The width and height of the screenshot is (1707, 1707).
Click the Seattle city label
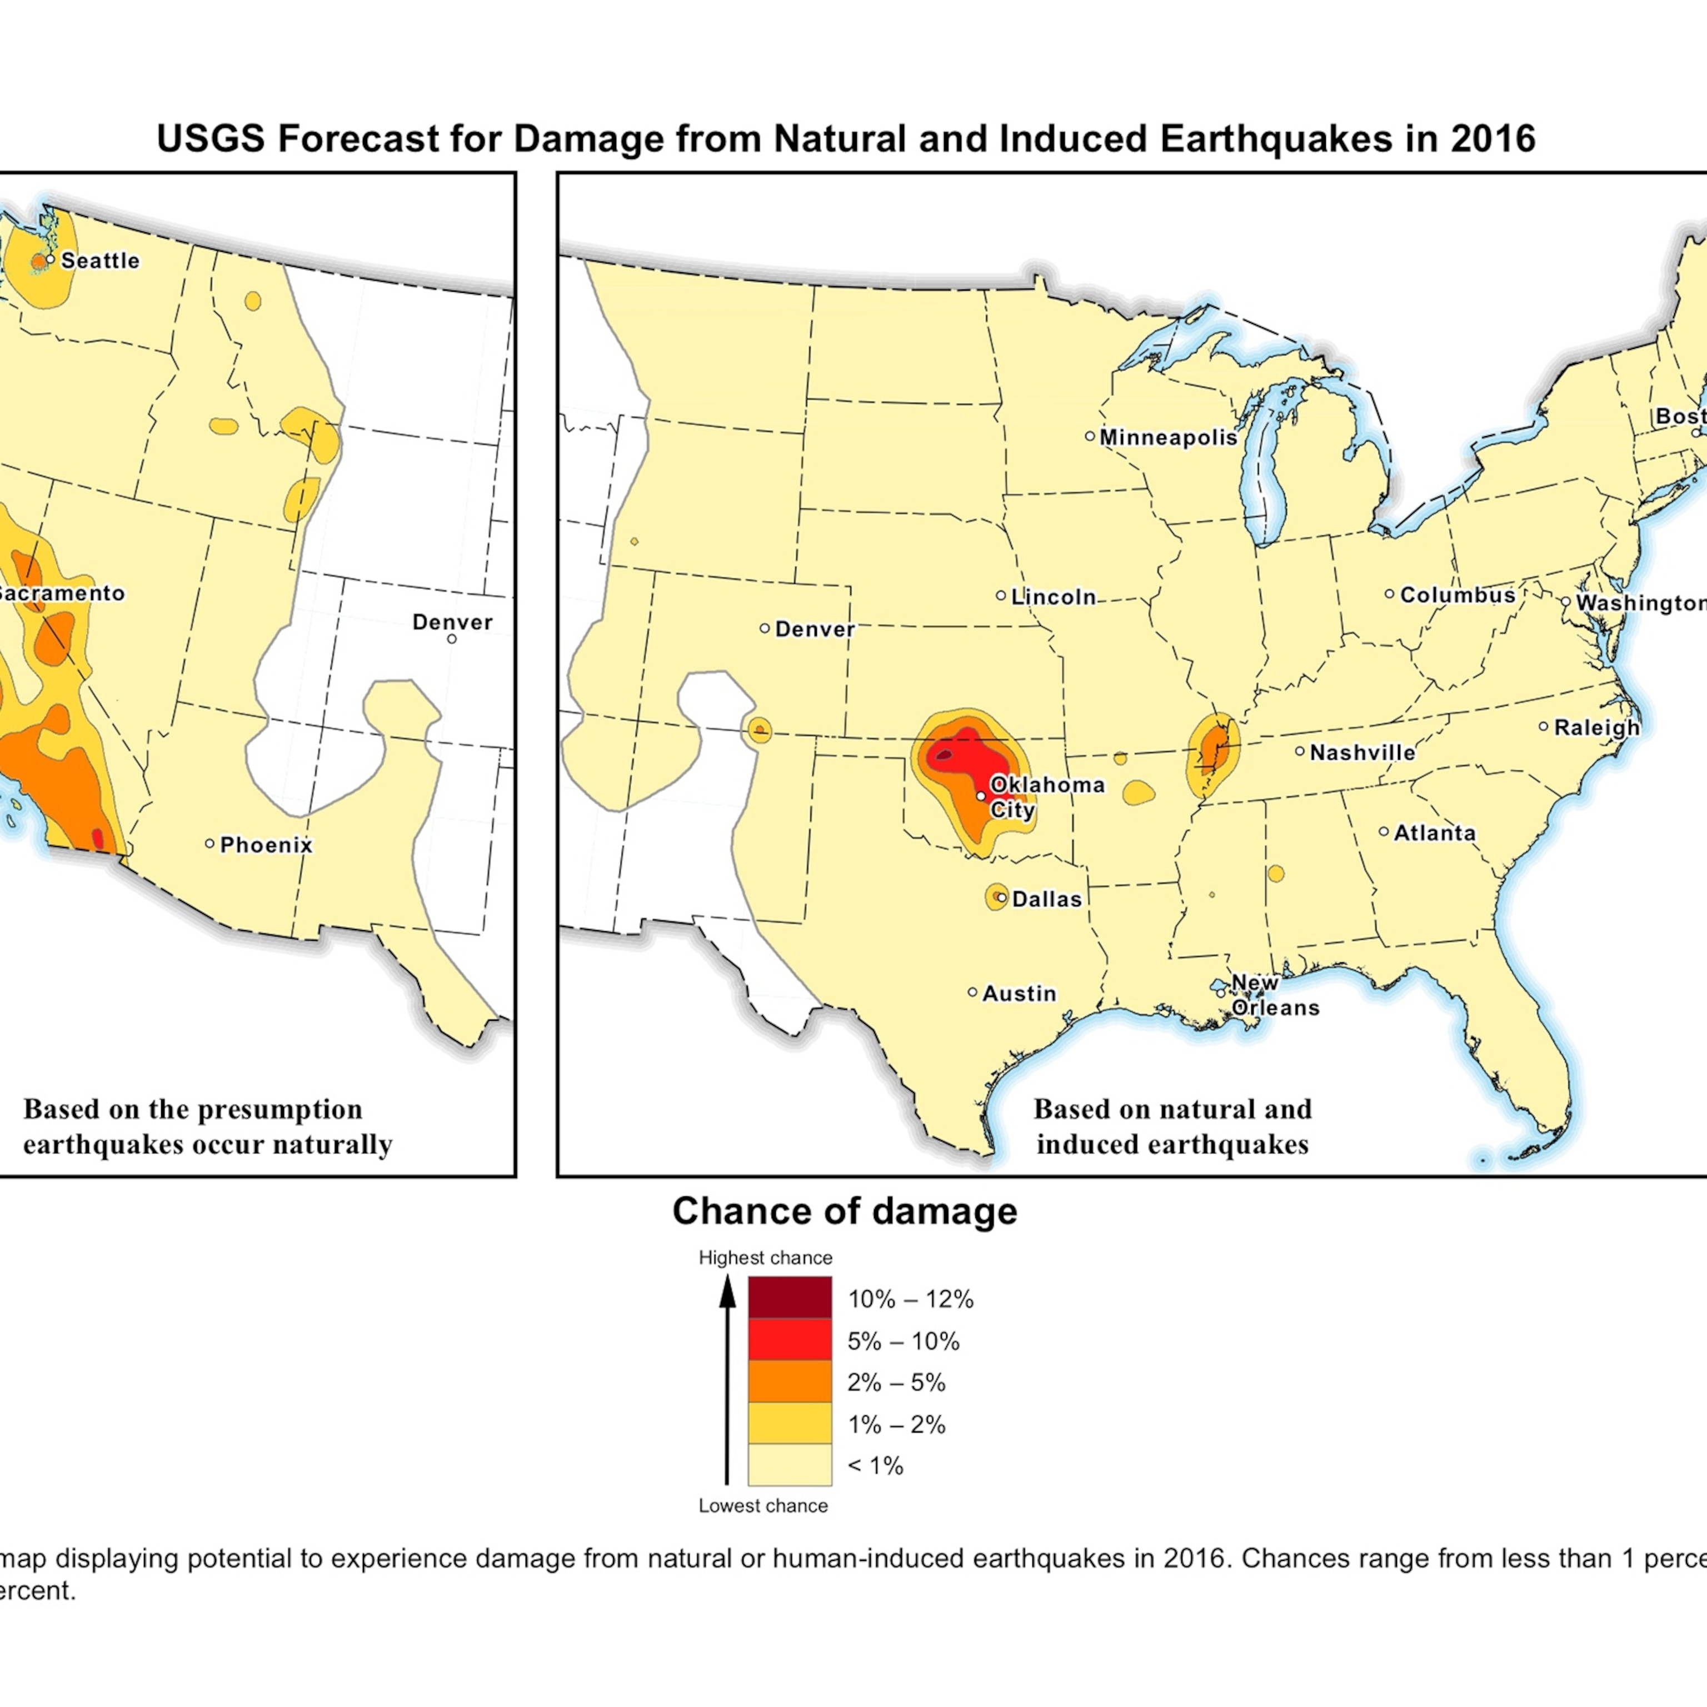click(100, 261)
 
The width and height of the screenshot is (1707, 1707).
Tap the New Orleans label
click(1274, 995)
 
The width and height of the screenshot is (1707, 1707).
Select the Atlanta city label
click(1434, 833)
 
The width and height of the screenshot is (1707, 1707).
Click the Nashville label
click(1361, 753)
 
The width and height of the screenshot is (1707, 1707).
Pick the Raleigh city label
click(1596, 728)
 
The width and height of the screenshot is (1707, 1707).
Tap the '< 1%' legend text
click(875, 1466)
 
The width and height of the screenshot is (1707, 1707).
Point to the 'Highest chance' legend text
click(765, 1257)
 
